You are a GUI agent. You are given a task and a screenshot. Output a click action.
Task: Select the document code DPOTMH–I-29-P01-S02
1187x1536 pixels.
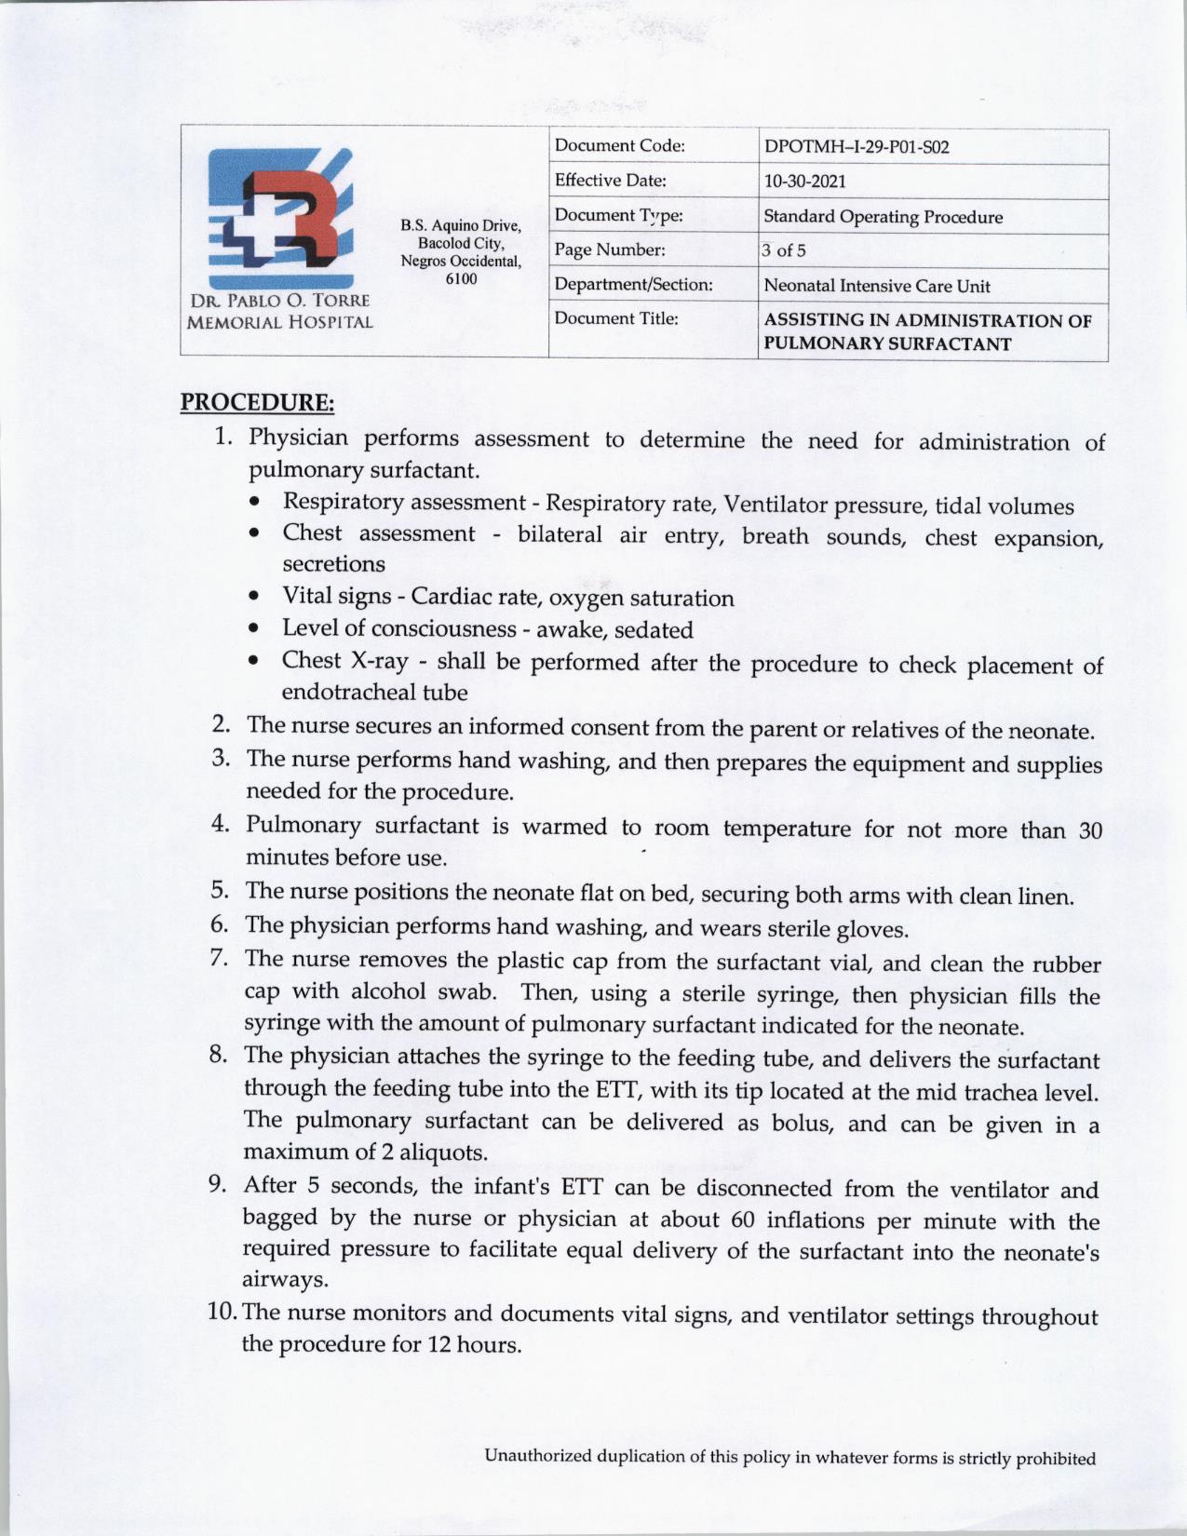[x=856, y=147]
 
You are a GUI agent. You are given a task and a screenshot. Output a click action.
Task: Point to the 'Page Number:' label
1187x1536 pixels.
[x=610, y=249]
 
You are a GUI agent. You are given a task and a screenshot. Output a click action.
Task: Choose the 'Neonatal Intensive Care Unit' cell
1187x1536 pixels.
[x=876, y=286]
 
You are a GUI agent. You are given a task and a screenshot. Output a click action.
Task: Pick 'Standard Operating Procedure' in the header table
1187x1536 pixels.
[x=883, y=217]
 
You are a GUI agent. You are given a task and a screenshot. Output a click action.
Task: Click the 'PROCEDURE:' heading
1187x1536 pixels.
[x=257, y=403]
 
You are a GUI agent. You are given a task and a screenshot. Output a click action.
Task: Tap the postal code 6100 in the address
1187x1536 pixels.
[x=461, y=278]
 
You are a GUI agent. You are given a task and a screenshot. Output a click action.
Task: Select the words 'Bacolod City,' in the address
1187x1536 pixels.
[x=461, y=243]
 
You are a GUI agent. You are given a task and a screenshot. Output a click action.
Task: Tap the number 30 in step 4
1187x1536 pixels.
[x=1089, y=830]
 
